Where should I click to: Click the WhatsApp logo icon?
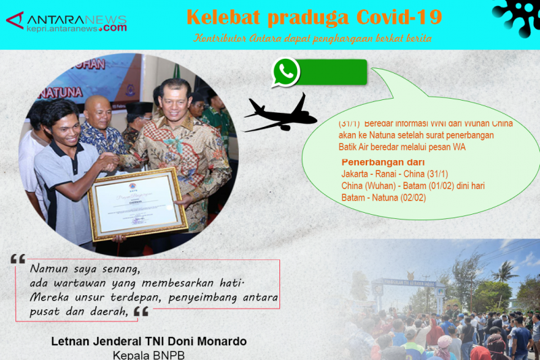click(286, 72)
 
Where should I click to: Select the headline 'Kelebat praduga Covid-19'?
click(314, 16)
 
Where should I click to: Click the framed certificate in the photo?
click(138, 203)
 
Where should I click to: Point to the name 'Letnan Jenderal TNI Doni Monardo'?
click(148, 341)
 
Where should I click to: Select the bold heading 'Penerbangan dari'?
click(383, 162)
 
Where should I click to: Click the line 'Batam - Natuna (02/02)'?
click(383, 197)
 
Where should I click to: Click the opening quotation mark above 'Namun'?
click(18, 259)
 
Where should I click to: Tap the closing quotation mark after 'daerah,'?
click(140, 311)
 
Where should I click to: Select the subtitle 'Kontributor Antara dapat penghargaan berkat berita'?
click(313, 38)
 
